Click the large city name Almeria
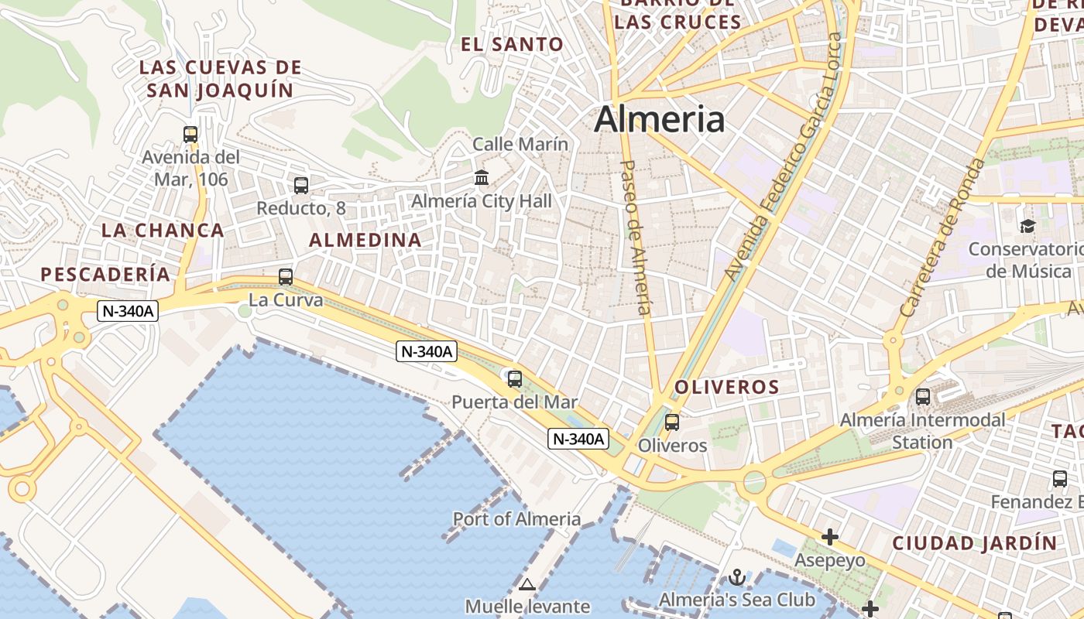click(x=660, y=119)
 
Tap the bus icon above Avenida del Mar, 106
click(x=190, y=134)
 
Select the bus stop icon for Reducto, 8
click(x=301, y=186)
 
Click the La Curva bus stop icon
click(x=286, y=276)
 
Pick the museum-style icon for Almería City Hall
click(x=482, y=178)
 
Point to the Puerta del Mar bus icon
click(x=515, y=379)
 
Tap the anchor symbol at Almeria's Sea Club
click(x=737, y=577)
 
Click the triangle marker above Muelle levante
click(x=527, y=584)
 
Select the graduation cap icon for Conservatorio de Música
click(x=1027, y=226)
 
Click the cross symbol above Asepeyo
click(x=830, y=536)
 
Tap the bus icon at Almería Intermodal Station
click(x=923, y=397)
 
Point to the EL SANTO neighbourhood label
click(x=512, y=44)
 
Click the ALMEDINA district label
click(x=365, y=240)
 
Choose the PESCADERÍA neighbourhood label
click(x=105, y=274)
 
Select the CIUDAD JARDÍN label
click(x=974, y=542)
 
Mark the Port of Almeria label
click(x=516, y=518)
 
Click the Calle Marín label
click(x=520, y=144)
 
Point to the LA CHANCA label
click(x=163, y=230)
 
